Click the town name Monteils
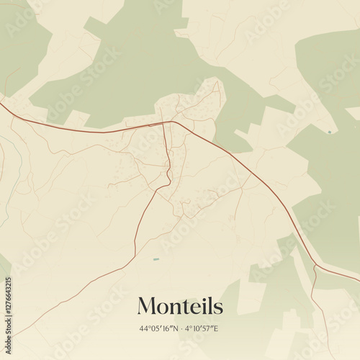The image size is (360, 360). (x=180, y=306)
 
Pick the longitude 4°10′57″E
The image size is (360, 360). (x=202, y=329)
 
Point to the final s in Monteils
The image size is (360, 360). (x=218, y=308)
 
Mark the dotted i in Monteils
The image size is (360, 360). (x=203, y=306)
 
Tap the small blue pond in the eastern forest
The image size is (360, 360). (x=330, y=132)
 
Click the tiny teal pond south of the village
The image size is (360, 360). (x=156, y=258)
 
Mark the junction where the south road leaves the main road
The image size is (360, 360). (x=170, y=122)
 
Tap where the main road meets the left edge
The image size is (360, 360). (x=1, y=104)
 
